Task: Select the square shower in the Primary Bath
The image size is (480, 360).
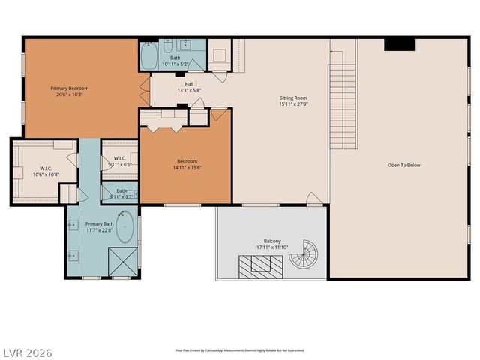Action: (x=121, y=262)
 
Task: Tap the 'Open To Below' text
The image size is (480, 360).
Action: (x=403, y=165)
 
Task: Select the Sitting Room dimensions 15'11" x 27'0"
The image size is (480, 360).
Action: (x=293, y=105)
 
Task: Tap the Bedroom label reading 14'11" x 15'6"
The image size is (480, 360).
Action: (x=187, y=168)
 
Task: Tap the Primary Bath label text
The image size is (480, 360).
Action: (x=99, y=223)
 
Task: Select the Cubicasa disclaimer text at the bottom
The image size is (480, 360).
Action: (x=240, y=349)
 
